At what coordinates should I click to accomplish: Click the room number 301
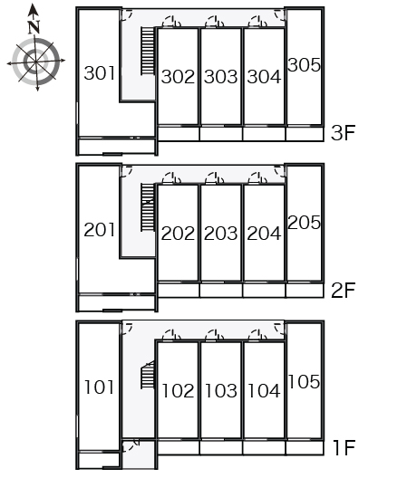tap(99, 73)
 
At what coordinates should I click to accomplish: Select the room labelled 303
tap(221, 77)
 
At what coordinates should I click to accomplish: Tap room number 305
tap(304, 65)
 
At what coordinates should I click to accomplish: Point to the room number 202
tap(178, 234)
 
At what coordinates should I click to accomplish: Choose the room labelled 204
tap(264, 234)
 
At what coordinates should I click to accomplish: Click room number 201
tap(99, 230)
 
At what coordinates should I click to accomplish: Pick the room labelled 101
tap(99, 387)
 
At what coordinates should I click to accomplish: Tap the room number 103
tap(221, 391)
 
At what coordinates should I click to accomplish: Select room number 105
tap(304, 382)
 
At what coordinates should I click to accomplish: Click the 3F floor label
tap(344, 133)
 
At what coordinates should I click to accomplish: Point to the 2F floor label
tap(344, 290)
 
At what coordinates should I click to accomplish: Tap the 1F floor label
tap(344, 447)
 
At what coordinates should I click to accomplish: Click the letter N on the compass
tap(34, 27)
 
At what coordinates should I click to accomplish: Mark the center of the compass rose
tap(36, 62)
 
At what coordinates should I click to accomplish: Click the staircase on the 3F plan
tap(148, 51)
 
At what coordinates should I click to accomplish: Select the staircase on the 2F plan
tap(148, 207)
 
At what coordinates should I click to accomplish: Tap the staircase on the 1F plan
tap(148, 375)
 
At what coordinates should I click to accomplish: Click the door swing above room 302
tap(171, 22)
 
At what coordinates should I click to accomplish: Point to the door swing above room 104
tap(257, 335)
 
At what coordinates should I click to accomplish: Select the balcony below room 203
tap(221, 291)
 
